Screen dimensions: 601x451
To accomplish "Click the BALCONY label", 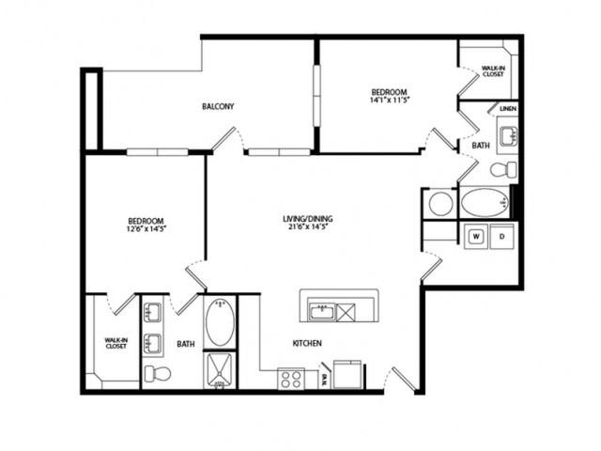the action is point(218,106).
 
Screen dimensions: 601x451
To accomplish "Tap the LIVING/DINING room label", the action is point(308,219).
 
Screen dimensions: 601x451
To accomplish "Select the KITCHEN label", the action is point(307,343).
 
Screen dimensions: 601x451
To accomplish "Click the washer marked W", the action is point(476,236).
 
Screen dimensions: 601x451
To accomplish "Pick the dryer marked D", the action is point(502,236).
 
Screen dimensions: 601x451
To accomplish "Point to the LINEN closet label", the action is point(508,109).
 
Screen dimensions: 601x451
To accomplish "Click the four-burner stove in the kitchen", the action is point(291,379).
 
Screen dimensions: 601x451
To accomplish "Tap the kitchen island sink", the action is point(322,311).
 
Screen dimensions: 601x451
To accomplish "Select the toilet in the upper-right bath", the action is point(503,169).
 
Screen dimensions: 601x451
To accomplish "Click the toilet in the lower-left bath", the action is point(158,373).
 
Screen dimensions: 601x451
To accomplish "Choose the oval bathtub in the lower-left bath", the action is point(220,322).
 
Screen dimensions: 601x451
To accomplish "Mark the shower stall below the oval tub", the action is point(220,370).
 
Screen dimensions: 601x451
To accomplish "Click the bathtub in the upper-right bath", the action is point(485,203).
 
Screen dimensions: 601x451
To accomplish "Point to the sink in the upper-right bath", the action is point(508,135).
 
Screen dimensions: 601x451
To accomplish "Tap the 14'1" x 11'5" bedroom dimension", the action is point(389,101).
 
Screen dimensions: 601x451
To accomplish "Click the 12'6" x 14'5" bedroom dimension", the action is point(146,229).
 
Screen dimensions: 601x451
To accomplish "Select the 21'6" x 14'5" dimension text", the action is point(308,226).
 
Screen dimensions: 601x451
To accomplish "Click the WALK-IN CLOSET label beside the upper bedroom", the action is point(493,71).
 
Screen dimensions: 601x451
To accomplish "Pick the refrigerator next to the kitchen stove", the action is point(347,374).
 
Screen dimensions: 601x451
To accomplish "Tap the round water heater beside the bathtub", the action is point(440,204).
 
